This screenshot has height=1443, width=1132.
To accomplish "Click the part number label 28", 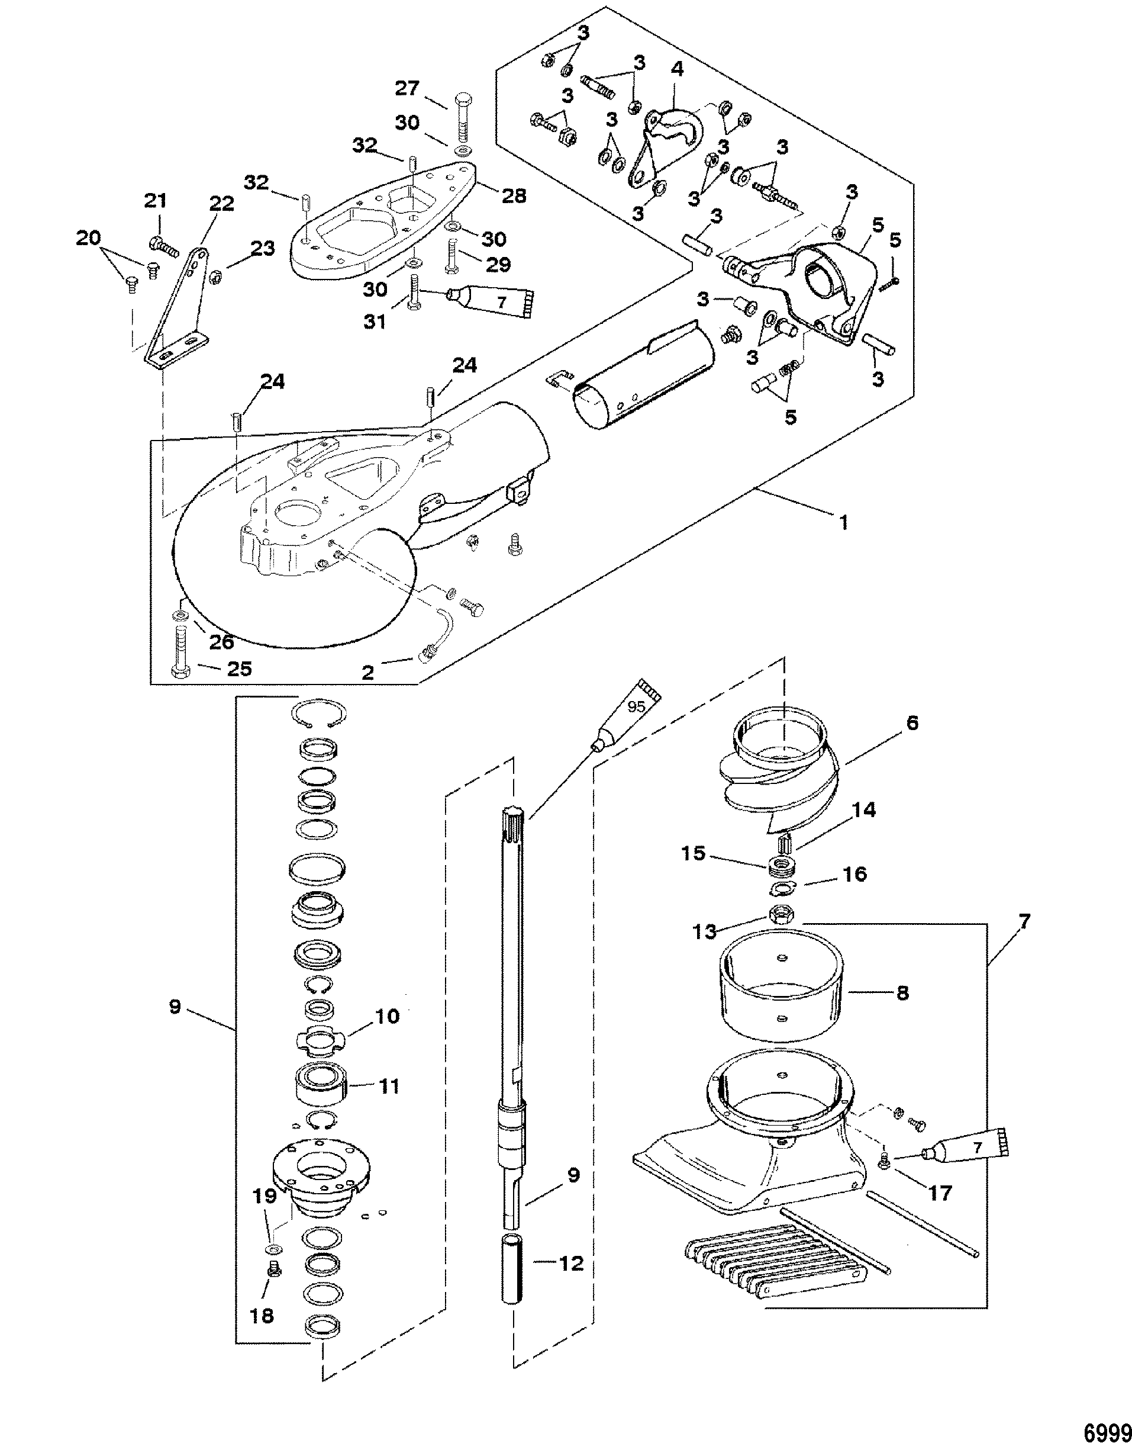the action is [514, 195].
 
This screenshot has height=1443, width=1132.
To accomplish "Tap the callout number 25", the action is [239, 669].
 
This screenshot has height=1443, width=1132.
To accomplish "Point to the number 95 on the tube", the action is [636, 707].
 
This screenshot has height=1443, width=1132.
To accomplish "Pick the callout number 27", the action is [409, 88].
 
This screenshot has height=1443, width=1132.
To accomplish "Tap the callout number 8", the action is [902, 1012].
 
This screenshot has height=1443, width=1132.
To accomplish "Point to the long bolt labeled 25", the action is [180, 647].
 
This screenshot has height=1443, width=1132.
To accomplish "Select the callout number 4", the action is [677, 69].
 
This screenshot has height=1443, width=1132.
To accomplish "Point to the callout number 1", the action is [843, 522].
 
